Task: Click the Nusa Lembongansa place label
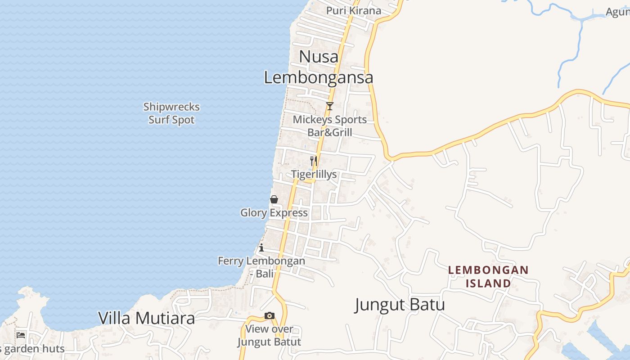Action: (319, 67)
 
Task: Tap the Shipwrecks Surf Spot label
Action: (171, 113)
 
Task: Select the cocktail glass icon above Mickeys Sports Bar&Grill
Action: (330, 106)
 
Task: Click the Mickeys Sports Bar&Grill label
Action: (330, 126)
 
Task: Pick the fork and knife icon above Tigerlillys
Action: (314, 160)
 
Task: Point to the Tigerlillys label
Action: (314, 174)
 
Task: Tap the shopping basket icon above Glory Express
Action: (274, 199)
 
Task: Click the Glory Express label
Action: (274, 213)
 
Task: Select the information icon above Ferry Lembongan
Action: (261, 247)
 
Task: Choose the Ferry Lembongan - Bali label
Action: (261, 267)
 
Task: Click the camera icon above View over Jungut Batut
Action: (270, 316)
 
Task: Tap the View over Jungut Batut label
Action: (269, 335)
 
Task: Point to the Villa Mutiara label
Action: (147, 318)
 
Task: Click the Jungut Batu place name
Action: (400, 305)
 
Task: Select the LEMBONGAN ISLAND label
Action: (488, 276)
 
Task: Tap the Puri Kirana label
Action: (354, 10)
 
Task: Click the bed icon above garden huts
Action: (21, 335)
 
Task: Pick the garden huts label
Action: (33, 349)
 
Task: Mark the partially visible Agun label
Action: (618, 12)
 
